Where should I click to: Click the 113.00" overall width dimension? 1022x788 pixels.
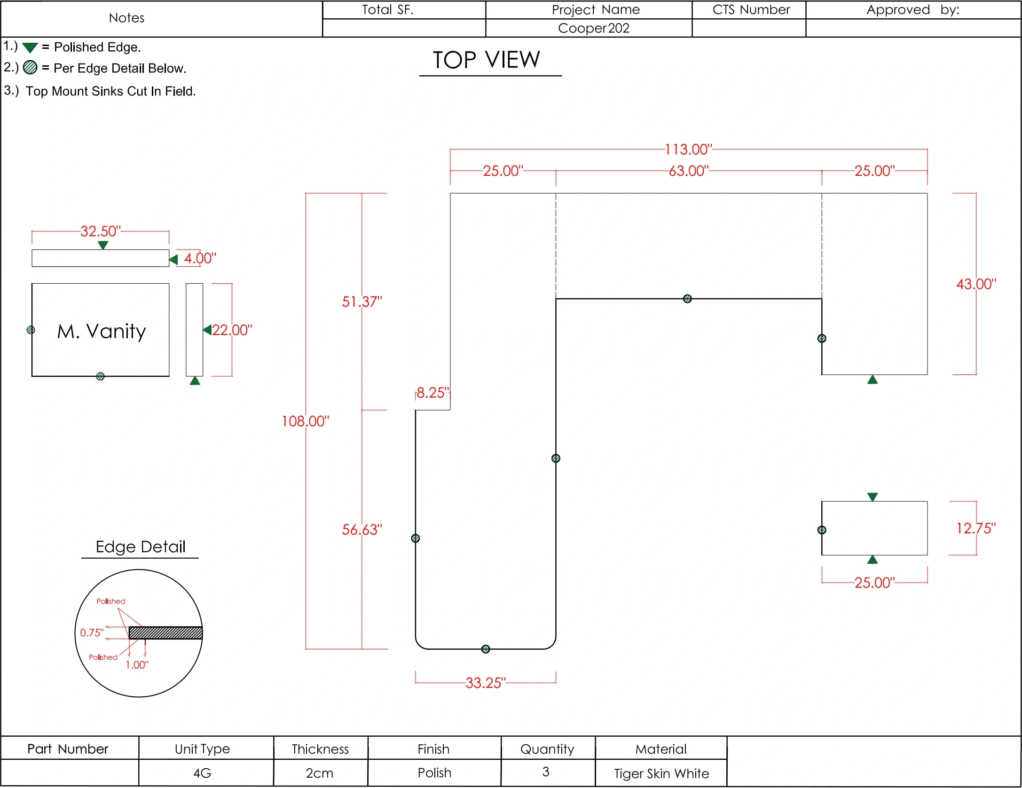click(x=689, y=149)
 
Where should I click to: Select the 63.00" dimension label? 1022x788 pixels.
click(x=689, y=171)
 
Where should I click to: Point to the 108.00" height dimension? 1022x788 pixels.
click(x=306, y=421)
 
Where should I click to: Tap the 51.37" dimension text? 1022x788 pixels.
click(x=362, y=302)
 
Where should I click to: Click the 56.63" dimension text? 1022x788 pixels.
click(x=362, y=530)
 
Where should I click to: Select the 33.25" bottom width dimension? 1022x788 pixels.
click(x=486, y=683)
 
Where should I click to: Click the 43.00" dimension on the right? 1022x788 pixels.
click(x=976, y=284)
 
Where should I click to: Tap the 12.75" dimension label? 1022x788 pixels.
click(x=976, y=528)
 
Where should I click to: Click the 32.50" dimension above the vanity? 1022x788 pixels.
click(x=101, y=231)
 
